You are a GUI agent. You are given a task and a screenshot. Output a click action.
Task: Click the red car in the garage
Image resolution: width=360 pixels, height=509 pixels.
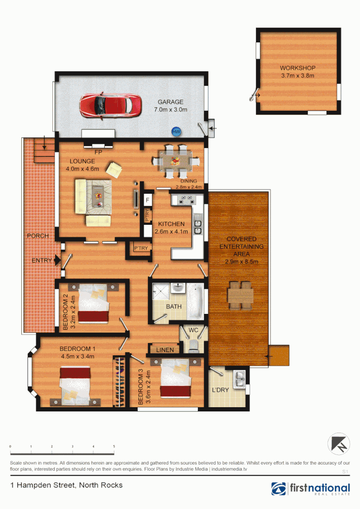coord(110,105)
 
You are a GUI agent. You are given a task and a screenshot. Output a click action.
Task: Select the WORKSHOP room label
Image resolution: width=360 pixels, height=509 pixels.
coord(297,68)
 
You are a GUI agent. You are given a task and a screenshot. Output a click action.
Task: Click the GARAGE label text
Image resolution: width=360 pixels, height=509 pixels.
coord(171,102)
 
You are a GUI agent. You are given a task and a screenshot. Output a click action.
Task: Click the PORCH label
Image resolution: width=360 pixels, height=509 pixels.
coord(38,236)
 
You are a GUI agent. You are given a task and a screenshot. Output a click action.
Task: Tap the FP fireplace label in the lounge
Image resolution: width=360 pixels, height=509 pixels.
coord(98,153)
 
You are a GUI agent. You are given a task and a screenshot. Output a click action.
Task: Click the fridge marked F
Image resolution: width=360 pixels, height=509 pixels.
coord(147,200)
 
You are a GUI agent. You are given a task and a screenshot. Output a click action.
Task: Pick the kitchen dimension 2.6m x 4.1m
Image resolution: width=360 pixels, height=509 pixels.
coord(172,231)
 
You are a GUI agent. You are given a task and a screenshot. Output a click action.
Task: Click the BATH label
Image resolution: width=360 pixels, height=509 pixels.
coord(173,306)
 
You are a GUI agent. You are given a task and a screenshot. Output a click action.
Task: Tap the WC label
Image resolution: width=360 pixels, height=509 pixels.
coord(193,330)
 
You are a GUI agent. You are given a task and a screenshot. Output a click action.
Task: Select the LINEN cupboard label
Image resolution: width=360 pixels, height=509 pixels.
coord(164,350)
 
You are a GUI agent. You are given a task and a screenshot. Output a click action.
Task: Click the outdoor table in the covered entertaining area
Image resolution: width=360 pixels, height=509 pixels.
coord(240,295)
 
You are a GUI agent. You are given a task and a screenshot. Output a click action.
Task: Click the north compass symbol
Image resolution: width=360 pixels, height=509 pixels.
coord(339,444)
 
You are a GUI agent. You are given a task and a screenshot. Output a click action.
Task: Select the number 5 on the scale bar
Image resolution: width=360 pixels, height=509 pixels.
coord(114,446)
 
